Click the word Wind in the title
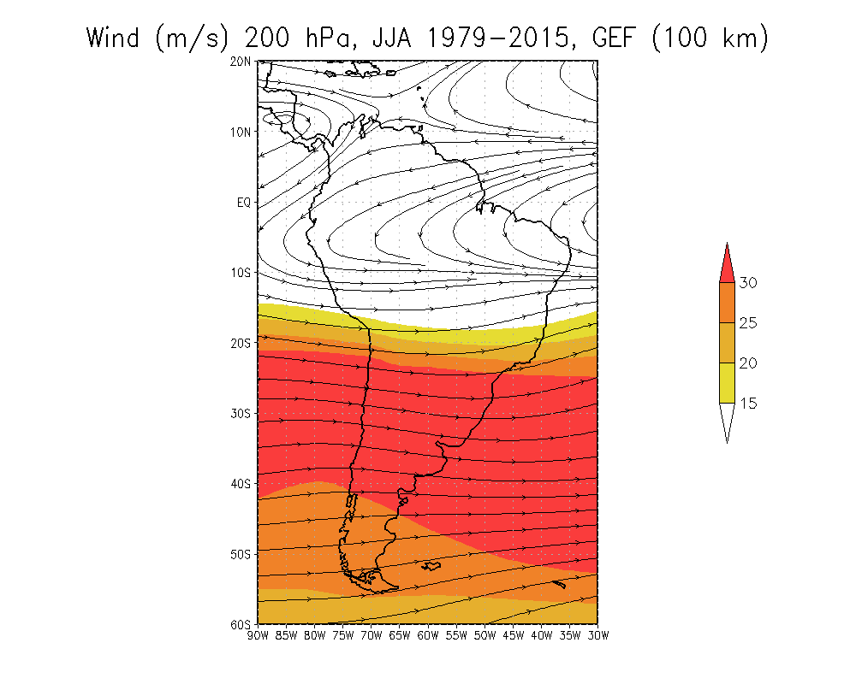pyautogui.click(x=113, y=38)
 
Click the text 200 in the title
pyautogui.click(x=267, y=38)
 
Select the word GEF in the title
pyautogui.click(x=614, y=38)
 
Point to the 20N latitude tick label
pyautogui.click(x=241, y=62)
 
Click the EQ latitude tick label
pyautogui.click(x=243, y=203)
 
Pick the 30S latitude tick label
pyautogui.click(x=241, y=414)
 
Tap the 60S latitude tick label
pyautogui.click(x=241, y=624)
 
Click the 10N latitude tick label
pyautogui.click(x=241, y=132)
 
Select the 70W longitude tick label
pyautogui.click(x=372, y=635)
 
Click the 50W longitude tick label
pyautogui.click(x=484, y=635)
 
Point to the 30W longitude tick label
pyautogui.click(x=598, y=635)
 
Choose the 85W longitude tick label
pyautogui.click(x=286, y=635)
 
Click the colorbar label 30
pyautogui.click(x=748, y=282)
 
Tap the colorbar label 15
pyautogui.click(x=748, y=403)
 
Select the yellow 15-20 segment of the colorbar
pyautogui.click(x=727, y=383)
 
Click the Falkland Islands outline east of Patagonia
pyautogui.click(x=431, y=566)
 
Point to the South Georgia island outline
pyautogui.click(x=559, y=584)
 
